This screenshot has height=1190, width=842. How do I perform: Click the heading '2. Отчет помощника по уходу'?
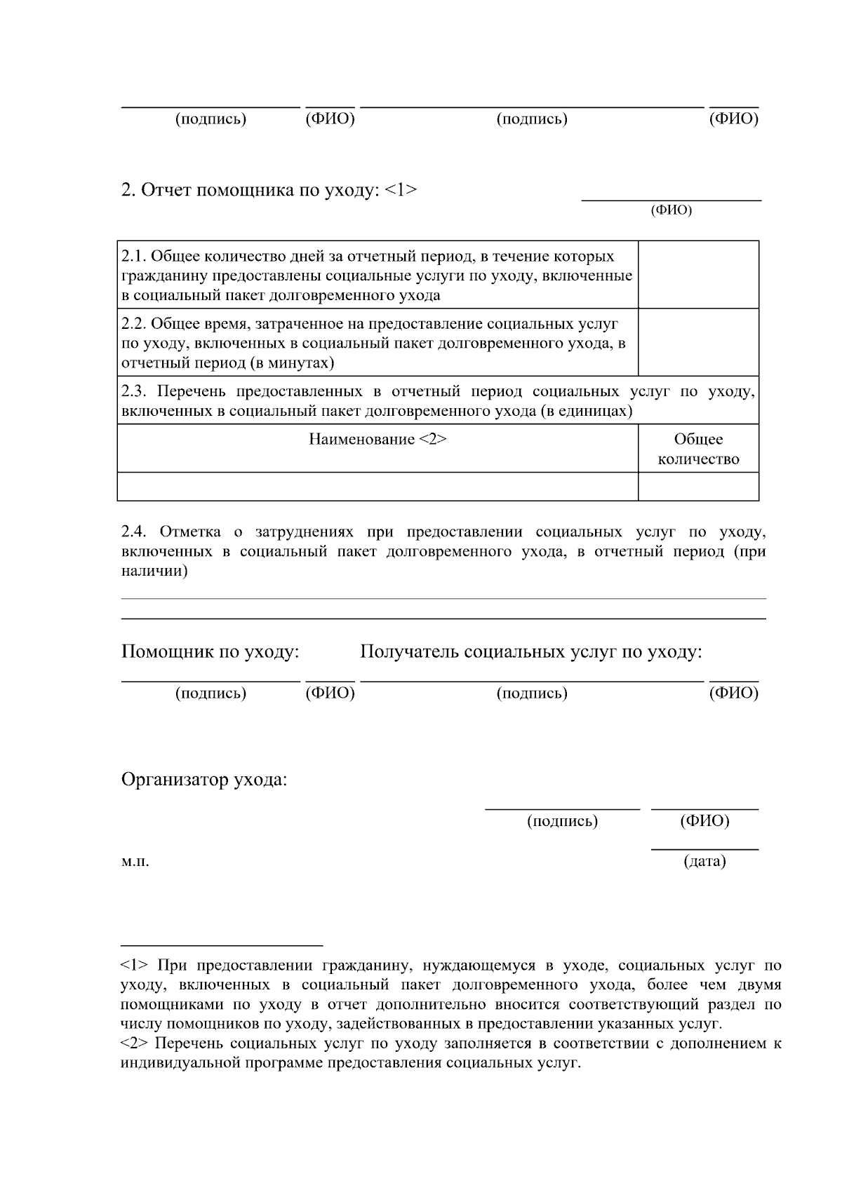[269, 190]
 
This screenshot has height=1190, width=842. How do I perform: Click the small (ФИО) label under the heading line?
[671, 210]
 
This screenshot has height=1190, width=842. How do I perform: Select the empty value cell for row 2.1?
[698, 275]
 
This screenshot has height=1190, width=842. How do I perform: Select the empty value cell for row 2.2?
[698, 342]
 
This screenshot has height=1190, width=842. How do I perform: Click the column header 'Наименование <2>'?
[377, 440]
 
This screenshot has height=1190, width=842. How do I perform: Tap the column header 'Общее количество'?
[698, 449]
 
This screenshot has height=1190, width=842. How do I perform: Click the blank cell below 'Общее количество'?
[698, 487]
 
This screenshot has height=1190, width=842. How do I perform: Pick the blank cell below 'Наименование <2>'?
[377, 487]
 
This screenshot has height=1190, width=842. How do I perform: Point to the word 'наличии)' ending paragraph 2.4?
[154, 572]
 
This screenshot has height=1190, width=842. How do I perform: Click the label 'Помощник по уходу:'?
[210, 652]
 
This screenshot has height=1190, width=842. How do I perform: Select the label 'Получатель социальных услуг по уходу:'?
[531, 652]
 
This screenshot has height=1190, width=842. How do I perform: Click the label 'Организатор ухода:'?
[204, 780]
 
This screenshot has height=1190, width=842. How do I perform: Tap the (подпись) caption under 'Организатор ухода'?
[562, 821]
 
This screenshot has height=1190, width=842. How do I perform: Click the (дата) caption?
[704, 861]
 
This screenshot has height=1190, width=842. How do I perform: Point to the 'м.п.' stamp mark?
[135, 861]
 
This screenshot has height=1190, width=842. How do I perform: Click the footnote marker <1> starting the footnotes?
[133, 966]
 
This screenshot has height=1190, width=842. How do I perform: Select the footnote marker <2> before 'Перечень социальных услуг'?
[133, 1043]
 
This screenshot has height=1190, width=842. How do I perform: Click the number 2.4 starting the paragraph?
[133, 532]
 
